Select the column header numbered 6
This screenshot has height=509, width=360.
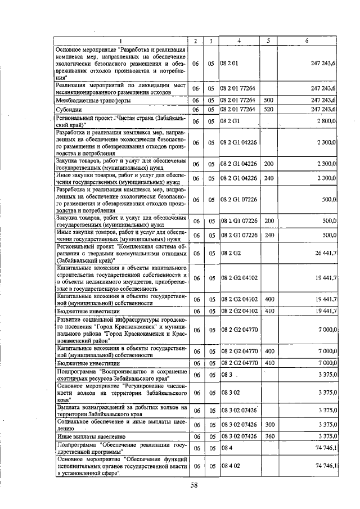(307, 40)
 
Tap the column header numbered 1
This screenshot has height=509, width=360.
(121, 40)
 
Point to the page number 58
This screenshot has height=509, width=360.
(193, 485)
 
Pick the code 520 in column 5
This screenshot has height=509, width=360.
(268, 109)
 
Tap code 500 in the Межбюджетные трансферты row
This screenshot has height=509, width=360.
(268, 100)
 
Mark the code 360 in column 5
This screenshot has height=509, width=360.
(268, 436)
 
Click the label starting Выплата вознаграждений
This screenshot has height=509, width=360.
(121, 409)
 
